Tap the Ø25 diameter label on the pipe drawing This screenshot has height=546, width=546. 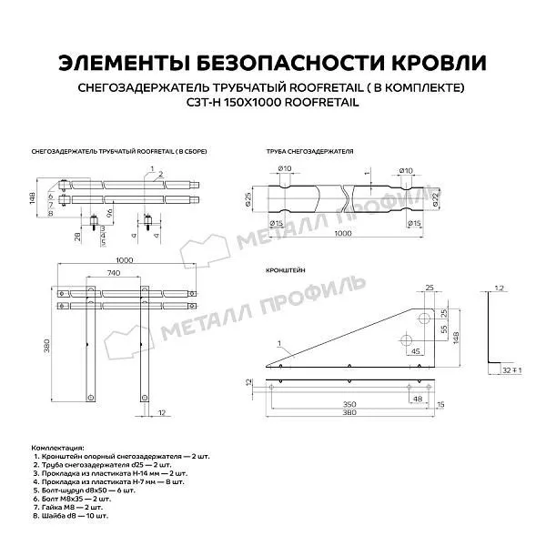[248, 197]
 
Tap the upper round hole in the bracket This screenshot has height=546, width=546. [422, 318]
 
